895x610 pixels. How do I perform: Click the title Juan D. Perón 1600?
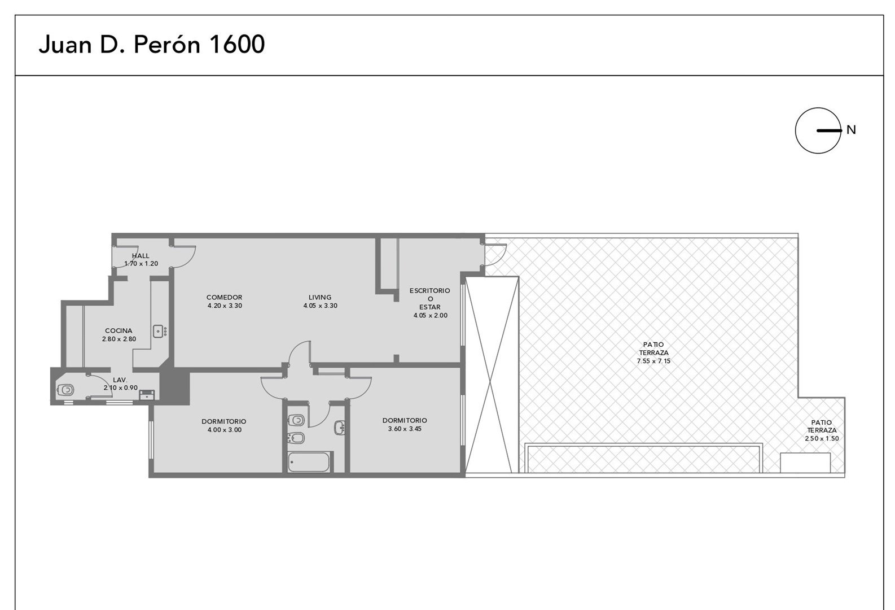pos(152,45)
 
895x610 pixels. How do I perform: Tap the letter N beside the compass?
pos(851,130)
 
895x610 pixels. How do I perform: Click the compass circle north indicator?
pos(818,130)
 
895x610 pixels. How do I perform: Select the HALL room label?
pos(141,256)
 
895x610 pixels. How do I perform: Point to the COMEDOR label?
pos(224,297)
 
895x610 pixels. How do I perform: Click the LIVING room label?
pos(320,297)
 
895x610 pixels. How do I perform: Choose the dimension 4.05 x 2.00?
pos(431,315)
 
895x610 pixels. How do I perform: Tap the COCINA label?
pos(119,331)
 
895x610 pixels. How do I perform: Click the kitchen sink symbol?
pos(160,331)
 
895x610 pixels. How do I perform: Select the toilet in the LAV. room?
pos(65,390)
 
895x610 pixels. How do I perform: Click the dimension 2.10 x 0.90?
pos(120,387)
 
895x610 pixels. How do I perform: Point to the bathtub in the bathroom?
pos(309,462)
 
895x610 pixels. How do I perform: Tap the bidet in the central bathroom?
pos(296,438)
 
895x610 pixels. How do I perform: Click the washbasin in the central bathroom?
pos(340,428)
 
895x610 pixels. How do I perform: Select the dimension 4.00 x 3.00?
pos(224,430)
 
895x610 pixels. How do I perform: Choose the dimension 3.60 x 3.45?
pos(405,429)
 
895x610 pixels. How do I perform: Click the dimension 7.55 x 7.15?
pos(653,361)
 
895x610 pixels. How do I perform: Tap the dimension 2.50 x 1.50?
pos(822,438)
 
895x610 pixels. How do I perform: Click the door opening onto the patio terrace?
pos(495,254)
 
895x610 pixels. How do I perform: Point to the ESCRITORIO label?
pos(430,290)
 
